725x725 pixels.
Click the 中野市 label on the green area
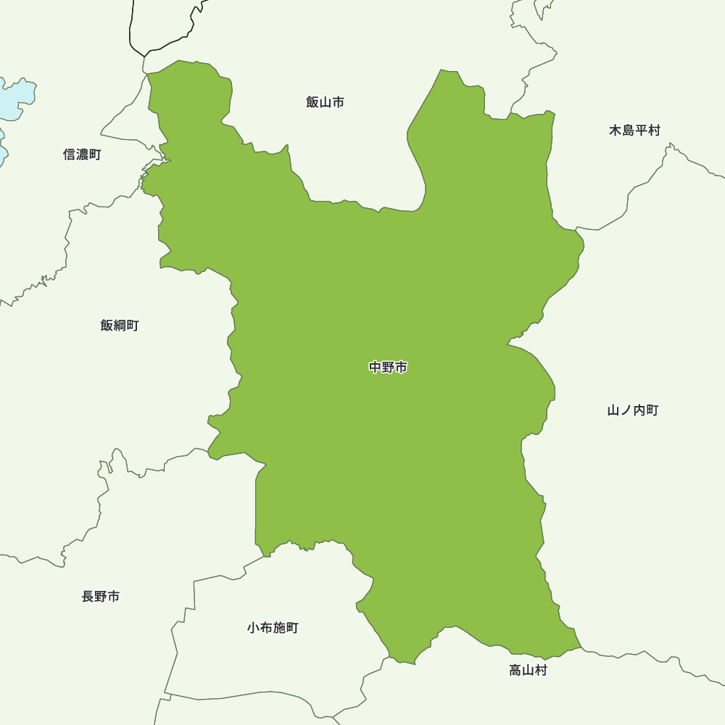pyautogui.click(x=388, y=368)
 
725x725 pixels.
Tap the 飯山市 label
pyautogui.click(x=325, y=102)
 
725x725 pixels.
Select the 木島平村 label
pyautogui.click(x=634, y=130)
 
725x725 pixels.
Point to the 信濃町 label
pyautogui.click(x=82, y=154)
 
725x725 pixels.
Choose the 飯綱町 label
pyautogui.click(x=120, y=326)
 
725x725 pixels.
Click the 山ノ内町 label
pyautogui.click(x=633, y=410)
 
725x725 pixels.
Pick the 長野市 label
pyautogui.click(x=101, y=597)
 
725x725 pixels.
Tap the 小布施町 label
pyautogui.click(x=273, y=628)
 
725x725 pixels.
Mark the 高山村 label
pyautogui.click(x=528, y=671)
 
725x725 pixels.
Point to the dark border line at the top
pyautogui.click(x=133, y=29)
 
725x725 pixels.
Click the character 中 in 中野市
pyautogui.click(x=376, y=368)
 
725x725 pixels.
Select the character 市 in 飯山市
pyautogui.click(x=338, y=102)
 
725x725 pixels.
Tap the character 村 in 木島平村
pyautogui.click(x=654, y=130)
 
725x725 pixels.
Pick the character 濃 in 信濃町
pyautogui.click(x=82, y=154)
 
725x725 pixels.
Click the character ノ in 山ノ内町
pyautogui.click(x=626, y=410)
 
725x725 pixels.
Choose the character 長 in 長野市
pyautogui.click(x=88, y=597)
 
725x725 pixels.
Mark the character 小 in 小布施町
pyautogui.click(x=253, y=628)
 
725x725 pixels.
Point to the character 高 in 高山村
pyautogui.click(x=515, y=671)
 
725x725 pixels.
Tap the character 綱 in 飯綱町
pyautogui.click(x=120, y=326)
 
